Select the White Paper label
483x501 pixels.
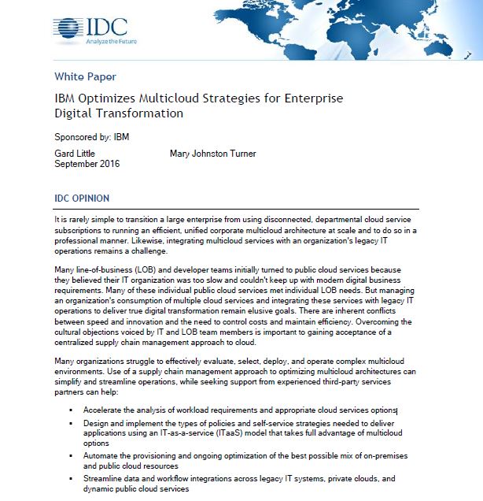tap(85, 76)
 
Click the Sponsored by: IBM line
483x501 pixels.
tap(92, 136)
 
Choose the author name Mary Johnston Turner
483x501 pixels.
tap(212, 153)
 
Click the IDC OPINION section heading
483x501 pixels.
tap(82, 199)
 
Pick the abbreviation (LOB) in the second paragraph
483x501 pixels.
tap(146, 269)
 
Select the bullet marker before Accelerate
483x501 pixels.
tap(70, 410)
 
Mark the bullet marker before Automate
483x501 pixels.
tap(70, 455)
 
